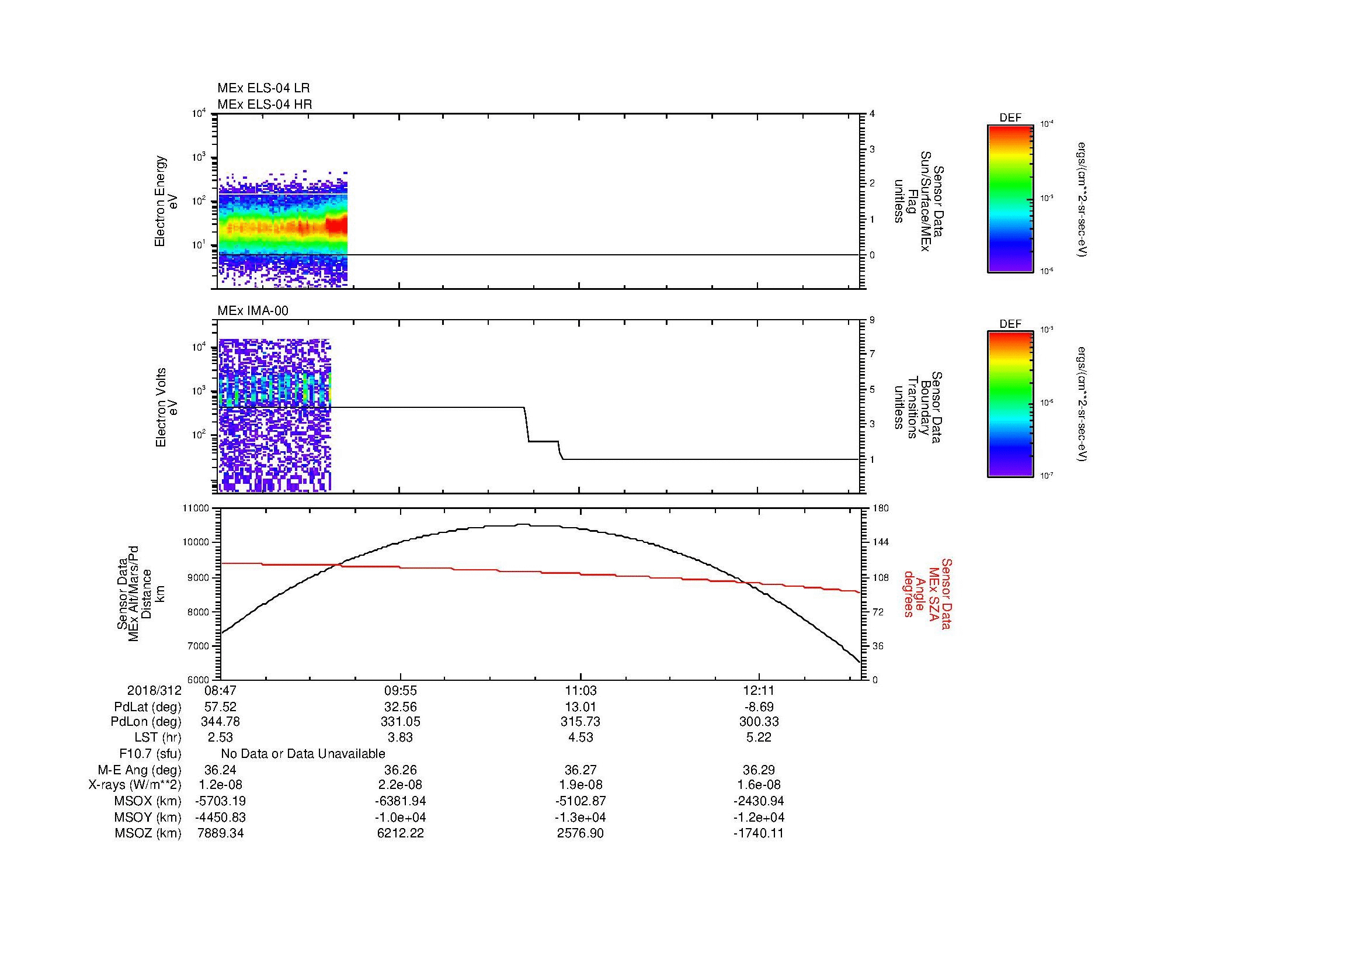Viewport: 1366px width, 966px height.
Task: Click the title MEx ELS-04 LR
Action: click(x=263, y=88)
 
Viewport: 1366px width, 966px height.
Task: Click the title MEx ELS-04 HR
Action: click(x=265, y=104)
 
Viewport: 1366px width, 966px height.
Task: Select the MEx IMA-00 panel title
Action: click(x=252, y=311)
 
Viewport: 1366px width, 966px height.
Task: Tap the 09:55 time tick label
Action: click(x=401, y=691)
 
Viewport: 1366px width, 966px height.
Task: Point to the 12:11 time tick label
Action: click(x=759, y=691)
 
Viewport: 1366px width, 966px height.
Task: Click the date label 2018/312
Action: click(x=154, y=691)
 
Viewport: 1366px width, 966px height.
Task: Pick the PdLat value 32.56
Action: click(x=401, y=707)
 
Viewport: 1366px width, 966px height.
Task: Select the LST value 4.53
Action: click(x=580, y=738)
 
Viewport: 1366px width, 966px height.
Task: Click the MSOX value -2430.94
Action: click(x=759, y=801)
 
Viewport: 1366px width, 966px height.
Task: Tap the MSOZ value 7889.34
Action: click(x=220, y=833)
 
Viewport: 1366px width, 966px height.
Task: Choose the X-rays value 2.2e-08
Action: click(x=401, y=785)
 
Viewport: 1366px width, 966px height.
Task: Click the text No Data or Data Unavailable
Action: click(x=303, y=754)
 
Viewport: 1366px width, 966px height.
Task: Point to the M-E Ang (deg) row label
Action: click(x=139, y=770)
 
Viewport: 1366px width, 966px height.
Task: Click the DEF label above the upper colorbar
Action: click(x=1010, y=118)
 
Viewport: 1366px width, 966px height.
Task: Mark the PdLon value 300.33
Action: click(x=759, y=722)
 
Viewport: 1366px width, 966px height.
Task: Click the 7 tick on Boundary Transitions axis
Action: click(x=872, y=354)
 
